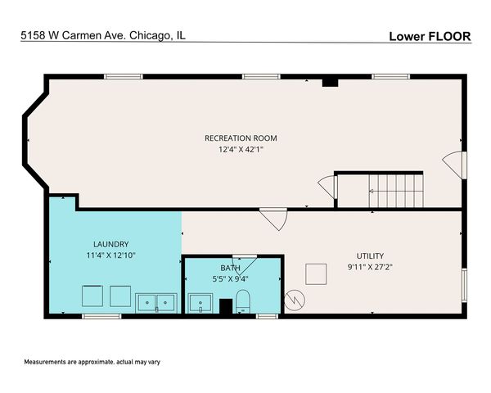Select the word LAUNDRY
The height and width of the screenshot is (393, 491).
[x=110, y=244]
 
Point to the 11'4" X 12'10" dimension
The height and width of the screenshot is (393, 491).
[x=110, y=255]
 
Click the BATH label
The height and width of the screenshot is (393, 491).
[x=230, y=268]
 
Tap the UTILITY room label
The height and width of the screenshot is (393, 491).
[x=369, y=255]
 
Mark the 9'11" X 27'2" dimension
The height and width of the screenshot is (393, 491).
[x=369, y=267]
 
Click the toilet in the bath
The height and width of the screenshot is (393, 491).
[x=242, y=302]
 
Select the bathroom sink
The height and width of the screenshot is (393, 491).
[x=200, y=305]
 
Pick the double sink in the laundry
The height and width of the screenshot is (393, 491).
[x=155, y=302]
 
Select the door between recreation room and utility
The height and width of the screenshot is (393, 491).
[x=273, y=219]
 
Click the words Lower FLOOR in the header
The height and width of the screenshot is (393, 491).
[x=429, y=36]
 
